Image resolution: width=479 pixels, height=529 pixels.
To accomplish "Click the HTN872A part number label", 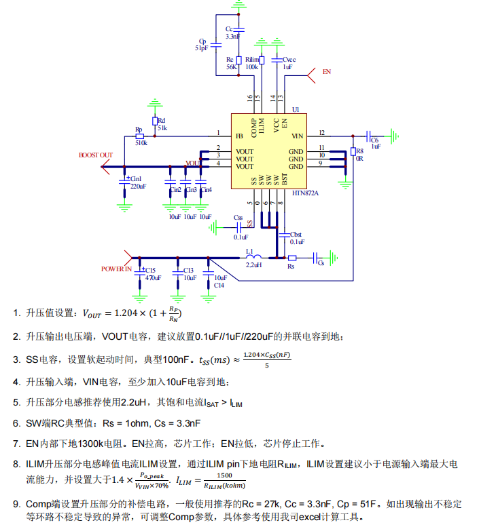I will pyautogui.click(x=305, y=193).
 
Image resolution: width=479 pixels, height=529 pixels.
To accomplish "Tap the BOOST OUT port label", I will pyautogui.click(x=95, y=155).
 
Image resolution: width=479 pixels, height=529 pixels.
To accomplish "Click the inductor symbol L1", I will pyautogui.click(x=252, y=257).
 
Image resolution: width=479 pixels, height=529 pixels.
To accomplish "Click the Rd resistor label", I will pyautogui.click(x=161, y=120).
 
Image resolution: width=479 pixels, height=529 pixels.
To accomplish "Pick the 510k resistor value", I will pyautogui.click(x=141, y=143).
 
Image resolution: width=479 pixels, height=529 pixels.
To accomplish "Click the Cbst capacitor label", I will pyautogui.click(x=296, y=235).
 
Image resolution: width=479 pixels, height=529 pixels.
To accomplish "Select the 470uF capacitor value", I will pyautogui.click(x=153, y=278).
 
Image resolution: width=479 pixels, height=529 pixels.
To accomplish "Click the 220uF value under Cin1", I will pyautogui.click(x=138, y=186).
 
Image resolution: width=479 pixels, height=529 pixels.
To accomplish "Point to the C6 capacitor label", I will pyautogui.click(x=374, y=139).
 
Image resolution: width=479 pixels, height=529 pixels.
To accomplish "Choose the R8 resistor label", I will pyautogui.click(x=359, y=151).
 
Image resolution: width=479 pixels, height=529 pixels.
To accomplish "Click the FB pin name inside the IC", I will pyautogui.click(x=238, y=136).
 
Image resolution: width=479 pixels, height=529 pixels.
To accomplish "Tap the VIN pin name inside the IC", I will pyautogui.click(x=297, y=136).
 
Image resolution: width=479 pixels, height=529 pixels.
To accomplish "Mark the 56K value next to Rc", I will pyautogui.click(x=231, y=67).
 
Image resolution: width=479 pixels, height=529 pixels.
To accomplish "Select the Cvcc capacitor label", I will pyautogui.click(x=289, y=60).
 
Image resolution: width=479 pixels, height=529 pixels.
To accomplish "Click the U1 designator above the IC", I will pyautogui.click(x=295, y=109).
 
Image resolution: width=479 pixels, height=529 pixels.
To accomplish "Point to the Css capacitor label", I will pyautogui.click(x=238, y=218).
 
